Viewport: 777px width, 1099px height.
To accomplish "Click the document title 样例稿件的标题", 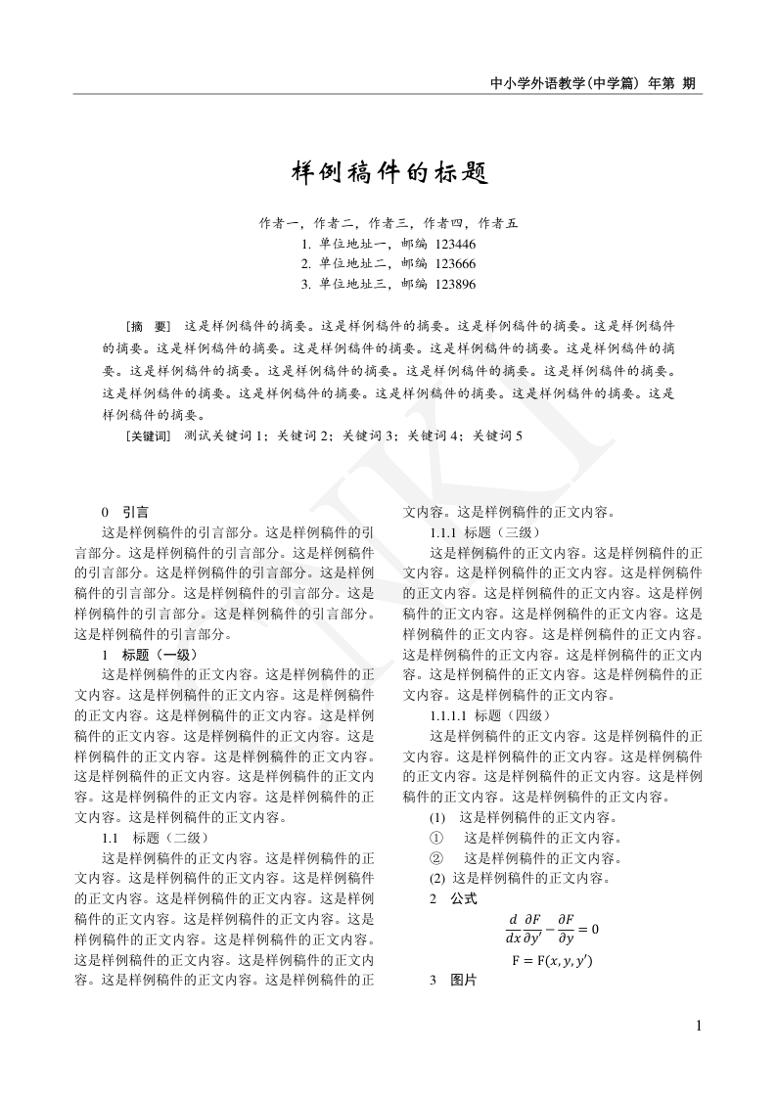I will coord(388,173).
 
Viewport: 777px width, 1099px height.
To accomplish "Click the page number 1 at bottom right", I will coord(699,1026).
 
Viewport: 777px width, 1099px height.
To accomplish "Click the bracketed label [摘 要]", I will coord(148,325).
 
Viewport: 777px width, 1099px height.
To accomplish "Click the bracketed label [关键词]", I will coord(149,435).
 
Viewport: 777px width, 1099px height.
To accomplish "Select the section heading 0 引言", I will coord(125,511).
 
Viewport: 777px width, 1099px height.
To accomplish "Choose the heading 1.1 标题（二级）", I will coord(156,838).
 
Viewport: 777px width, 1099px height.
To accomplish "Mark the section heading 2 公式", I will coord(454,898).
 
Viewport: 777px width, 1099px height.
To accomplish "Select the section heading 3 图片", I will coord(454,981).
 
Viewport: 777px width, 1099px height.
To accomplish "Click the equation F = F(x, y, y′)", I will coord(552,960).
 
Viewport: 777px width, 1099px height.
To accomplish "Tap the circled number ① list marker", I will coord(437,838).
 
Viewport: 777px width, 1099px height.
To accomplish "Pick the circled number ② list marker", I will coord(437,858).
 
